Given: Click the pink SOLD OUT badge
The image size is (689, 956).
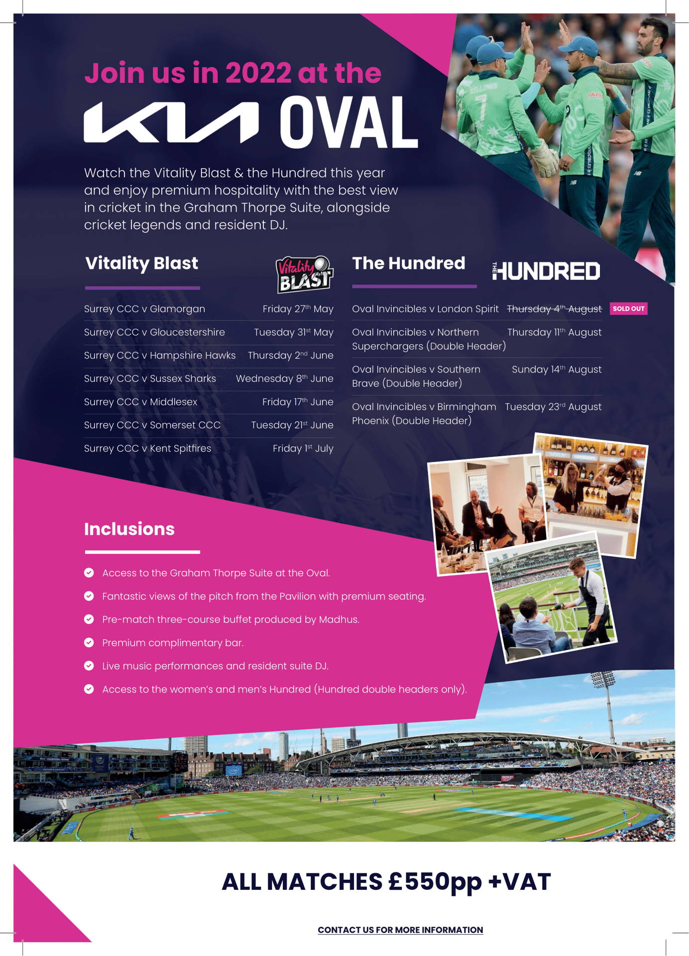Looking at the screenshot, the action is [628, 309].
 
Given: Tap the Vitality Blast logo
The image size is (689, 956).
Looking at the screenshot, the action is [305, 274].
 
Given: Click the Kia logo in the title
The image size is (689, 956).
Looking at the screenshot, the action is [171, 122].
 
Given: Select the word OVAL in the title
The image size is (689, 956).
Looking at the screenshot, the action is [348, 122].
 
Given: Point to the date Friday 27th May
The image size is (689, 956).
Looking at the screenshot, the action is [298, 309].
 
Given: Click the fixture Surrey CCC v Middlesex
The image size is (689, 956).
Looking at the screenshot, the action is [140, 402].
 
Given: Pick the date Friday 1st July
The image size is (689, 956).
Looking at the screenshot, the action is [303, 448].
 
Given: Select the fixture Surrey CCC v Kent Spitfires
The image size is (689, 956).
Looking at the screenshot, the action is [147, 448].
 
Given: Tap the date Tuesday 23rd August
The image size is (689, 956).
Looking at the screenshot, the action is [553, 407].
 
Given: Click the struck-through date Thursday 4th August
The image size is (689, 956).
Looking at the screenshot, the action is [554, 309].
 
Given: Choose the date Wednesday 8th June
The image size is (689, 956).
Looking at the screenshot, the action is [284, 378].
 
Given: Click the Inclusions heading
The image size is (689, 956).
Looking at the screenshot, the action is [129, 529].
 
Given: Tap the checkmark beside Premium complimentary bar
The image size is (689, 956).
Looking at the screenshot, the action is [89, 642].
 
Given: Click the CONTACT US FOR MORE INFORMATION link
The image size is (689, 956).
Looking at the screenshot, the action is [400, 930].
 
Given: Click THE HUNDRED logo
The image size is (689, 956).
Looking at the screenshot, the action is [546, 271].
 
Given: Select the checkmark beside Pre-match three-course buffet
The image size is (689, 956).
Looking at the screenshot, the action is [89, 619].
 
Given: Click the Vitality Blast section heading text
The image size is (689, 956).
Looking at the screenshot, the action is [141, 263].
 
